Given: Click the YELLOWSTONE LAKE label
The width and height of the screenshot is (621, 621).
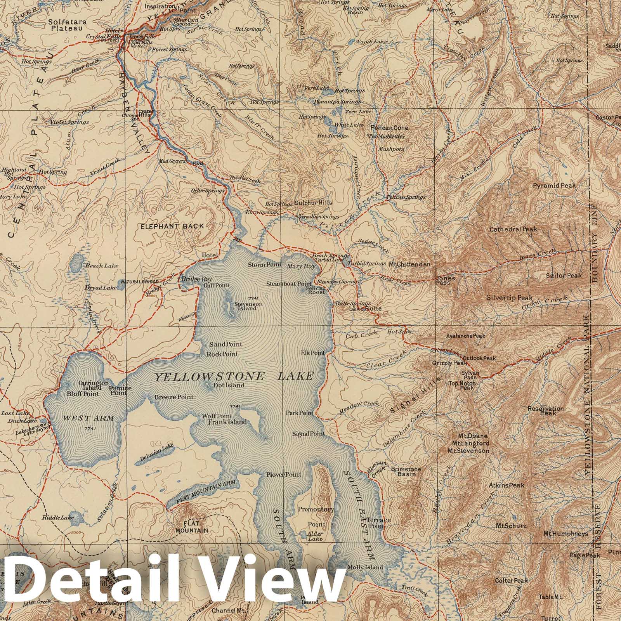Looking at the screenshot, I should click(234, 376).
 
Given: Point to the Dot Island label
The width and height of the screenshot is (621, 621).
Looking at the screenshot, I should click(229, 385).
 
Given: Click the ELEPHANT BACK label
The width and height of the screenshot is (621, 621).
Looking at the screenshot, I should click(172, 226).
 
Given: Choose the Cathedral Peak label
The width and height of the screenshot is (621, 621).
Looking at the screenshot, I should click(513, 229).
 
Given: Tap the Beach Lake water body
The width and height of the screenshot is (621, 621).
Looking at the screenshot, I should click(76, 264).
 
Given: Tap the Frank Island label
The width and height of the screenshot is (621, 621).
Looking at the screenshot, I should click(227, 422).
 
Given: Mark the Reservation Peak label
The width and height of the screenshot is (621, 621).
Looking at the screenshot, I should click(545, 411).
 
